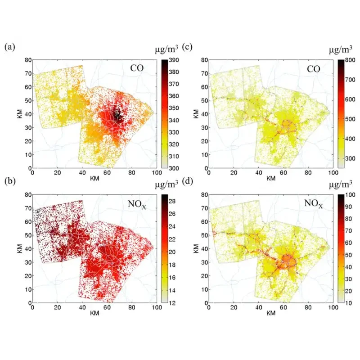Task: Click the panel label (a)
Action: tap(9, 47)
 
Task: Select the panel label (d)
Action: tap(187, 181)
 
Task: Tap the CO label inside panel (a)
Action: tap(137, 68)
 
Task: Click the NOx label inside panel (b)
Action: tap(137, 204)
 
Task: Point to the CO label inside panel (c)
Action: tap(313, 69)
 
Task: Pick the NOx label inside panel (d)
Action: tap(313, 204)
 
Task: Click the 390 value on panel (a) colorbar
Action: tap(174, 60)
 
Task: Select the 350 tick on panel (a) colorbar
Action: tap(174, 108)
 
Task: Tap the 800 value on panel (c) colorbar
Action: tap(350, 60)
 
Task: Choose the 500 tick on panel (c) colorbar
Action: tap(350, 119)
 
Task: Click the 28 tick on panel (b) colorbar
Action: tap(172, 201)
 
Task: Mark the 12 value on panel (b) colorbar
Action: tap(172, 303)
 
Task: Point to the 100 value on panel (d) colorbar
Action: tap(350, 195)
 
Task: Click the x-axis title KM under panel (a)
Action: tap(94, 178)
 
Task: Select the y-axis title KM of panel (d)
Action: tap(196, 249)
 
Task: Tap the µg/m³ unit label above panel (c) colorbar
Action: tap(341, 49)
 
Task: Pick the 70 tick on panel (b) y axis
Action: tap(28, 208)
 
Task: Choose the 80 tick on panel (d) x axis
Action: tap(308, 307)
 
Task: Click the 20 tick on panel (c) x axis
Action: tap(234, 172)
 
